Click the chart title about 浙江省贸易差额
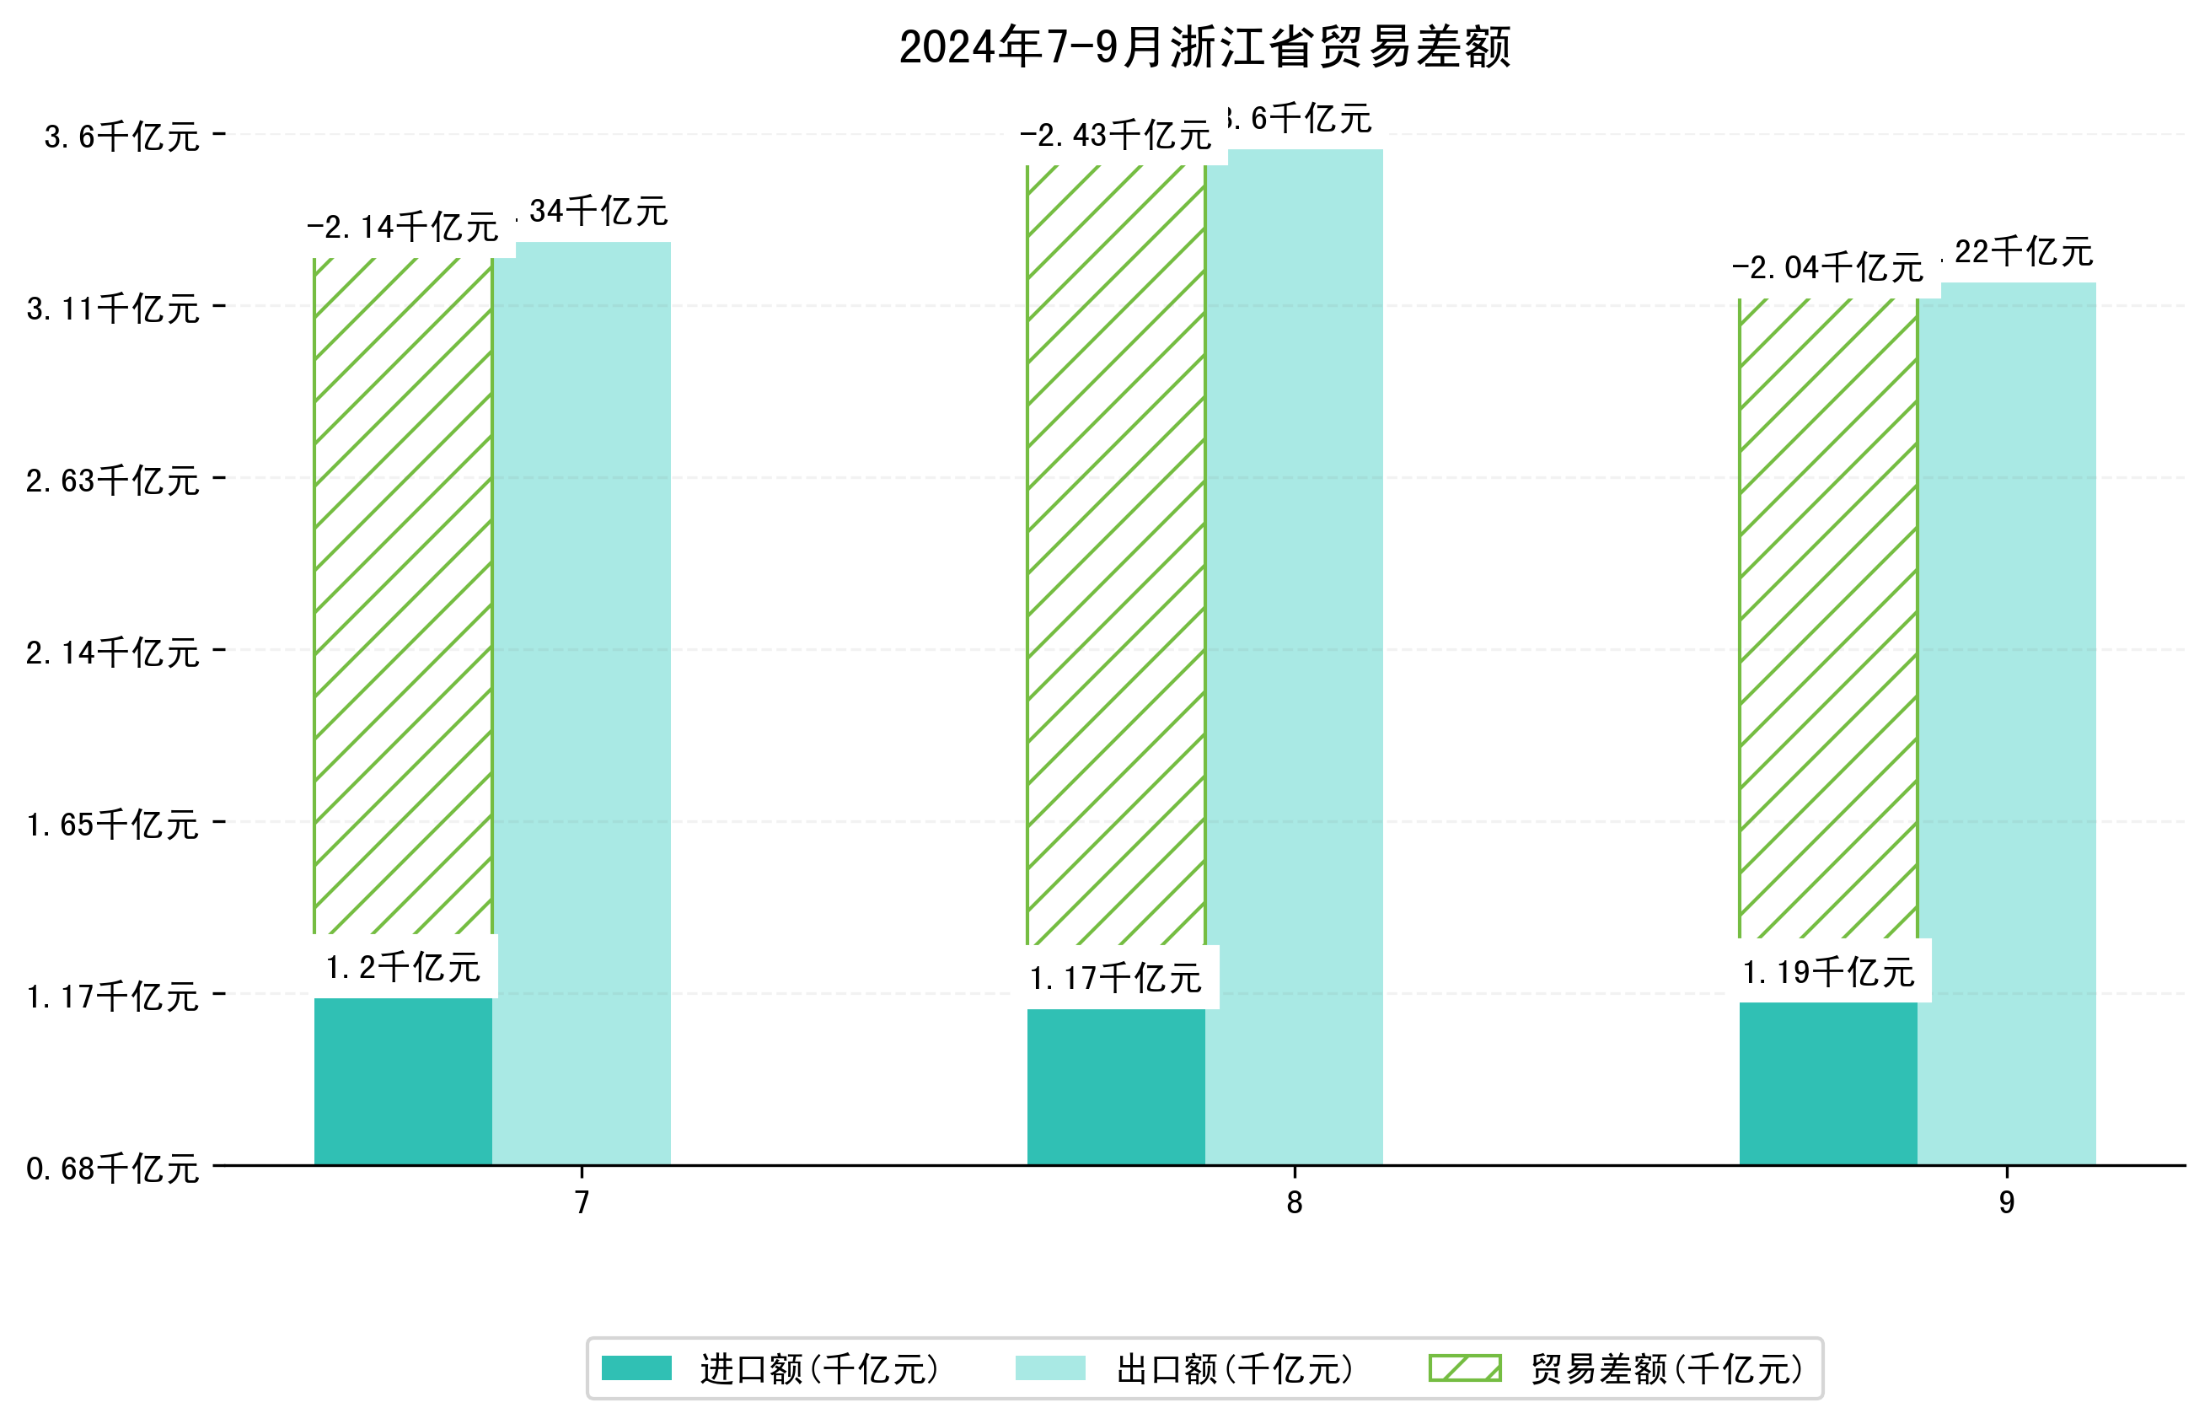(x=1204, y=48)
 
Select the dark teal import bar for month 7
(x=403, y=1081)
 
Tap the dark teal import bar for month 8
(x=1116, y=1087)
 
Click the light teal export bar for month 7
(x=582, y=703)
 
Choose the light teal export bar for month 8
(x=1294, y=657)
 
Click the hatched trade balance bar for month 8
(x=1116, y=555)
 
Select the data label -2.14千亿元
(x=402, y=228)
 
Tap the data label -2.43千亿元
(x=1115, y=136)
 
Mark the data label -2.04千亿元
(x=1826, y=268)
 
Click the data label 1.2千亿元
(x=403, y=968)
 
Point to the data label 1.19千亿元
(x=1827, y=973)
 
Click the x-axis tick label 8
(x=1294, y=1202)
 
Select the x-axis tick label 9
(x=2006, y=1202)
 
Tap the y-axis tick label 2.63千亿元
(x=113, y=481)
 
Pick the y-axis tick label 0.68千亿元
(x=113, y=1169)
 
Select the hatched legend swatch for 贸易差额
(x=1464, y=1368)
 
